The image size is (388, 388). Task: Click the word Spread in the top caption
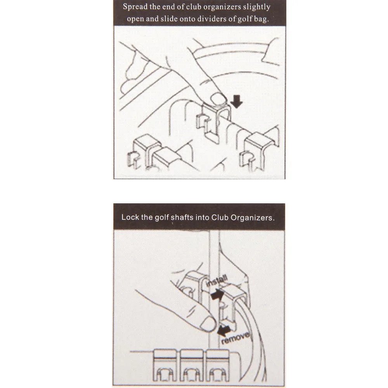coord(135,7)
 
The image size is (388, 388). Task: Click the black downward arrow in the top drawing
coord(237,102)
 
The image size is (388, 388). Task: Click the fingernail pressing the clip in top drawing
coord(218,98)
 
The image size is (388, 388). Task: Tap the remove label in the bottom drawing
coord(236,338)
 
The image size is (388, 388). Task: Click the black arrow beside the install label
coord(217,295)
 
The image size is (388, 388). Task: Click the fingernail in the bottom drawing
coord(208,324)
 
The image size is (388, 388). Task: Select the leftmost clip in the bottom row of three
coord(165,365)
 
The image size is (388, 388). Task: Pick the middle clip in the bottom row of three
coord(191,365)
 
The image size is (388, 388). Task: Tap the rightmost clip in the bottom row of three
coord(218,365)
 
